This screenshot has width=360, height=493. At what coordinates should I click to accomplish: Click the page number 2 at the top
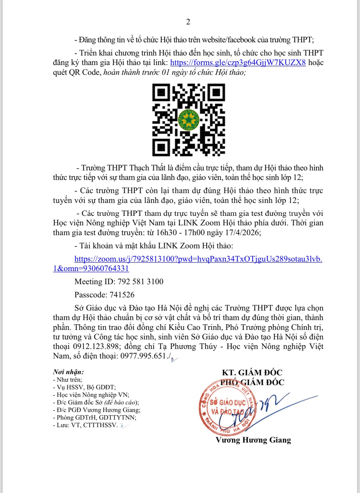pyautogui.click(x=188, y=22)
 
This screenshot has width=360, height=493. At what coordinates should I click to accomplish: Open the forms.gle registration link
pyautogui.click(x=238, y=63)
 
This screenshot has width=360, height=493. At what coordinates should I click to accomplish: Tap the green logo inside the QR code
pyautogui.click(x=188, y=120)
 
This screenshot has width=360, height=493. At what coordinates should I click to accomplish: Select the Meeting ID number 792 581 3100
pyautogui.click(x=140, y=282)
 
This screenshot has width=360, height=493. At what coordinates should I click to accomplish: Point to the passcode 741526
pyautogui.click(x=122, y=295)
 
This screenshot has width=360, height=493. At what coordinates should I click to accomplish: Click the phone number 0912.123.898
pyautogui.click(x=96, y=346)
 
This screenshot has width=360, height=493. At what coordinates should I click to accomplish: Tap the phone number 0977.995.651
pyautogui.click(x=143, y=356)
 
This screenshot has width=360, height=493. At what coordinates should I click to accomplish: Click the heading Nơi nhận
pyautogui.click(x=68, y=372)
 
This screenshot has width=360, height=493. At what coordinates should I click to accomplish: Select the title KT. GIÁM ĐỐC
pyautogui.click(x=252, y=372)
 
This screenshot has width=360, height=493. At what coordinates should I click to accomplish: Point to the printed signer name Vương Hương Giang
pyautogui.click(x=253, y=440)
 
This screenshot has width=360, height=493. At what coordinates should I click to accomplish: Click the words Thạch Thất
pyautogui.click(x=147, y=168)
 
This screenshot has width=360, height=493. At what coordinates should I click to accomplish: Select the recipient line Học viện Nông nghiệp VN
pyautogui.click(x=93, y=395)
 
